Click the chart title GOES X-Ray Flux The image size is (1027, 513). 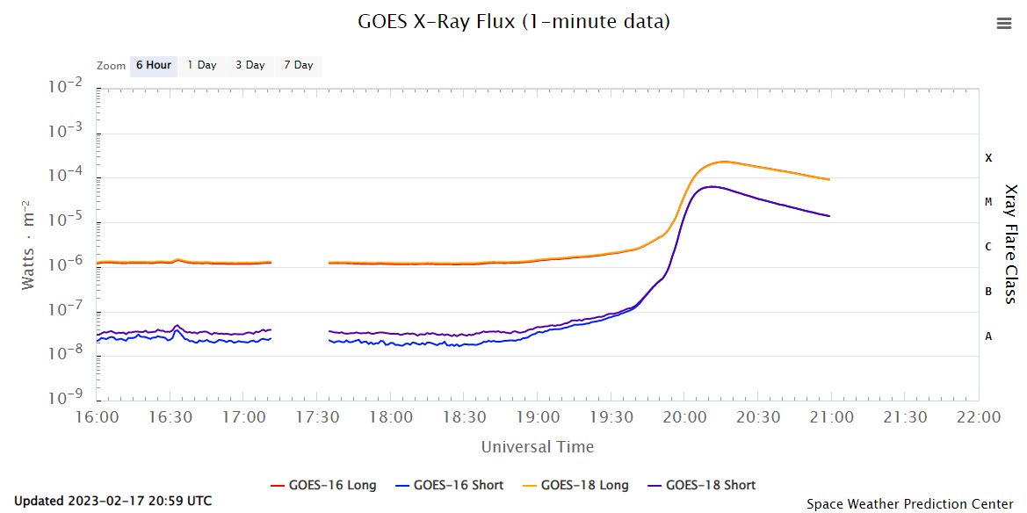pyautogui.click(x=513, y=21)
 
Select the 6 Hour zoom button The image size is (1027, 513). pyautogui.click(x=153, y=65)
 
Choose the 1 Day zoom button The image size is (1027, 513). pyautogui.click(x=201, y=65)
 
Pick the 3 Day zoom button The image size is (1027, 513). pyautogui.click(x=250, y=65)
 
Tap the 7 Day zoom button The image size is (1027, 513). pyautogui.click(x=298, y=65)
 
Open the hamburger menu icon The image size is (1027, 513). pyautogui.click(x=1004, y=24)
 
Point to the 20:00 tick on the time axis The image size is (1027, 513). pyautogui.click(x=685, y=416)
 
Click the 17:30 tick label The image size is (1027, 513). pyautogui.click(x=318, y=416)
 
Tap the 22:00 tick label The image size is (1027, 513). pyautogui.click(x=979, y=416)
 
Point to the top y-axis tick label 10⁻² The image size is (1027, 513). pyautogui.click(x=66, y=87)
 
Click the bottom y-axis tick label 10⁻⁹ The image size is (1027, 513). pyautogui.click(x=66, y=399)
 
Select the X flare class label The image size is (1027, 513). pyautogui.click(x=988, y=158)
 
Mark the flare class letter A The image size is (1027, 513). pyautogui.click(x=988, y=336)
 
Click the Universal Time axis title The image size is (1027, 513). pyautogui.click(x=537, y=447)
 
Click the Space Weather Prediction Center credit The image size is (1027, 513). pyautogui.click(x=909, y=503)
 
